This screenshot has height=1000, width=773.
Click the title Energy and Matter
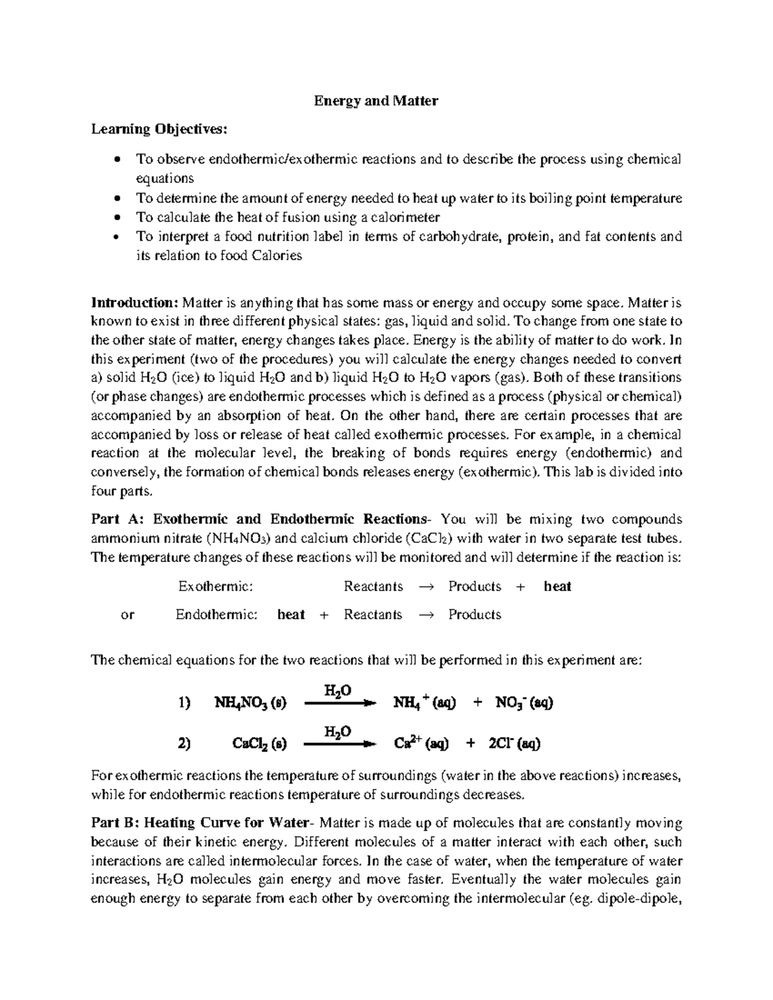[376, 101]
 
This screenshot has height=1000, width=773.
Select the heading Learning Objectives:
[159, 129]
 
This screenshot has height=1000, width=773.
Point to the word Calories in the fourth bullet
[276, 255]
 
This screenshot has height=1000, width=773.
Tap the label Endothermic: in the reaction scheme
[216, 615]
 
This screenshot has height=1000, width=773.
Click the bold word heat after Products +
[557, 587]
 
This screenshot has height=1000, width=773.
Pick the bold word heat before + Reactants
[291, 615]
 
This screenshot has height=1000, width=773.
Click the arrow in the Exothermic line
[426, 587]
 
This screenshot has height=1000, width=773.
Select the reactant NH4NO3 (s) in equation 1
[250, 703]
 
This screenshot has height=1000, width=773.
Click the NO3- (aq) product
[524, 703]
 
